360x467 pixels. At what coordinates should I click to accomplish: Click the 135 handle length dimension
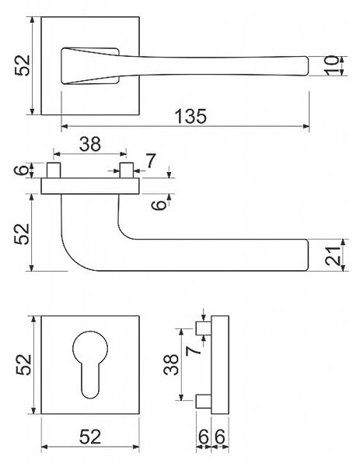(190, 116)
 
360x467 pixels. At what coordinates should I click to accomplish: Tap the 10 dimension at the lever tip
(331, 65)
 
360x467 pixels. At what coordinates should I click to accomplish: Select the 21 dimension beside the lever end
(333, 256)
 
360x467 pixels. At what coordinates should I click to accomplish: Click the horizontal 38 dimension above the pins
(90, 144)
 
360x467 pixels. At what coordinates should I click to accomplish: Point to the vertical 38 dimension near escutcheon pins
(171, 364)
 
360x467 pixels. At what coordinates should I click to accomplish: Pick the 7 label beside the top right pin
(151, 161)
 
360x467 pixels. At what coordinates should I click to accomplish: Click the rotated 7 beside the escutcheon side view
(194, 350)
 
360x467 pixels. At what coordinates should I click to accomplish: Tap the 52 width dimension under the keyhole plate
(90, 437)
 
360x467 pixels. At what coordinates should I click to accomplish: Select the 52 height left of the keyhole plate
(24, 364)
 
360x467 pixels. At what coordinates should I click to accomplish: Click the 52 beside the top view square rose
(23, 65)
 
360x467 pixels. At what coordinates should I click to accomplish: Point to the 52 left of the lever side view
(23, 233)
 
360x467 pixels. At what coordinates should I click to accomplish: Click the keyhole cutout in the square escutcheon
(90, 364)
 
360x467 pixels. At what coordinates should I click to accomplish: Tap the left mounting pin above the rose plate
(54, 170)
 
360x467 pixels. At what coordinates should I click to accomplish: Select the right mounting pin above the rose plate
(126, 170)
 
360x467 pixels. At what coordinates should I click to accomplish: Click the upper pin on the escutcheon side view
(204, 328)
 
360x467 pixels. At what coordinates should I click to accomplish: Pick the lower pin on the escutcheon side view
(204, 401)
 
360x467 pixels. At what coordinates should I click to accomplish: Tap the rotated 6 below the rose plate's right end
(159, 205)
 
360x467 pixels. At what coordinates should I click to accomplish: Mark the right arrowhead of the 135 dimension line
(306, 126)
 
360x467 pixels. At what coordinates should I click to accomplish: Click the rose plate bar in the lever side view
(90, 186)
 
